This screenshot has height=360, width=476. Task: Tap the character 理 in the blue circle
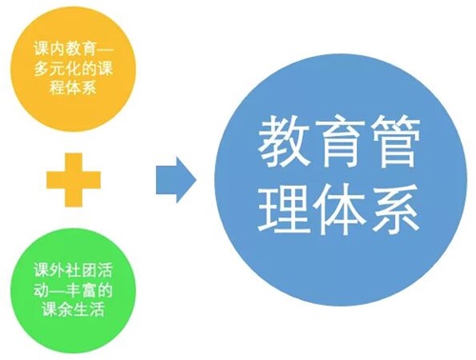pos(283,210)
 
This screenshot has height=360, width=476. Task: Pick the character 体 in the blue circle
pos(338,210)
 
